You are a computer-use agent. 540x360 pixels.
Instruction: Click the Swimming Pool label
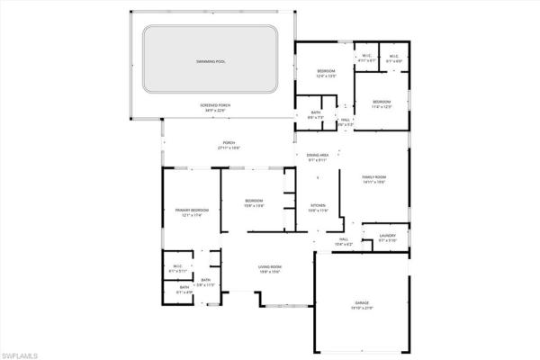(x=213, y=61)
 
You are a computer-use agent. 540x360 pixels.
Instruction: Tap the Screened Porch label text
(x=216, y=105)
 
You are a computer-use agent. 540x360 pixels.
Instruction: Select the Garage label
(x=363, y=303)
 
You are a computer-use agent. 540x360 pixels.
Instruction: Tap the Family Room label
(x=373, y=177)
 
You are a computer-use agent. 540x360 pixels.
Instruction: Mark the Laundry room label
(x=387, y=236)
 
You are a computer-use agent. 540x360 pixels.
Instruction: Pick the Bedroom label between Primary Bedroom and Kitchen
(x=254, y=201)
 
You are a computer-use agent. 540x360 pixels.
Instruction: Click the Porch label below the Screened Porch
(x=229, y=143)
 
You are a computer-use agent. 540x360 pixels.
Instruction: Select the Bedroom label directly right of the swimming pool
(x=326, y=71)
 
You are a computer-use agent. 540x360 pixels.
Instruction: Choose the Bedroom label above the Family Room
(x=382, y=102)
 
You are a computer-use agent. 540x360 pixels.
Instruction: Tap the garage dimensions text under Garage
(x=363, y=309)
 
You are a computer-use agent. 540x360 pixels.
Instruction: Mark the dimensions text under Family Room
(x=373, y=183)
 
